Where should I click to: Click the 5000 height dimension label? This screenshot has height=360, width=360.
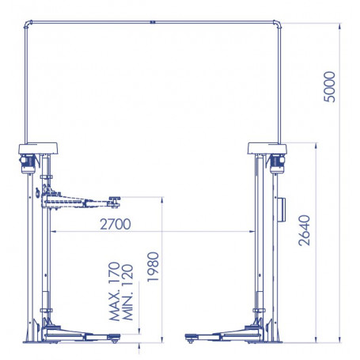(x=330, y=87)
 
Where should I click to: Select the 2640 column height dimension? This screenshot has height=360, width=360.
(x=305, y=230)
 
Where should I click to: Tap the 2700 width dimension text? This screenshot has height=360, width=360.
(x=116, y=224)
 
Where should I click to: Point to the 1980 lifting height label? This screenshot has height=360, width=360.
(x=153, y=267)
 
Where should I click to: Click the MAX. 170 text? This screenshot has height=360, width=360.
(x=115, y=291)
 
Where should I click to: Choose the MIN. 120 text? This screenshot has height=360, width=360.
(x=128, y=292)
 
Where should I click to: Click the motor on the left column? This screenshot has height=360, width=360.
(x=28, y=164)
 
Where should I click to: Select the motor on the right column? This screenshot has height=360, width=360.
(x=277, y=164)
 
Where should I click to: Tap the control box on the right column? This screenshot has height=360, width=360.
(x=281, y=210)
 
